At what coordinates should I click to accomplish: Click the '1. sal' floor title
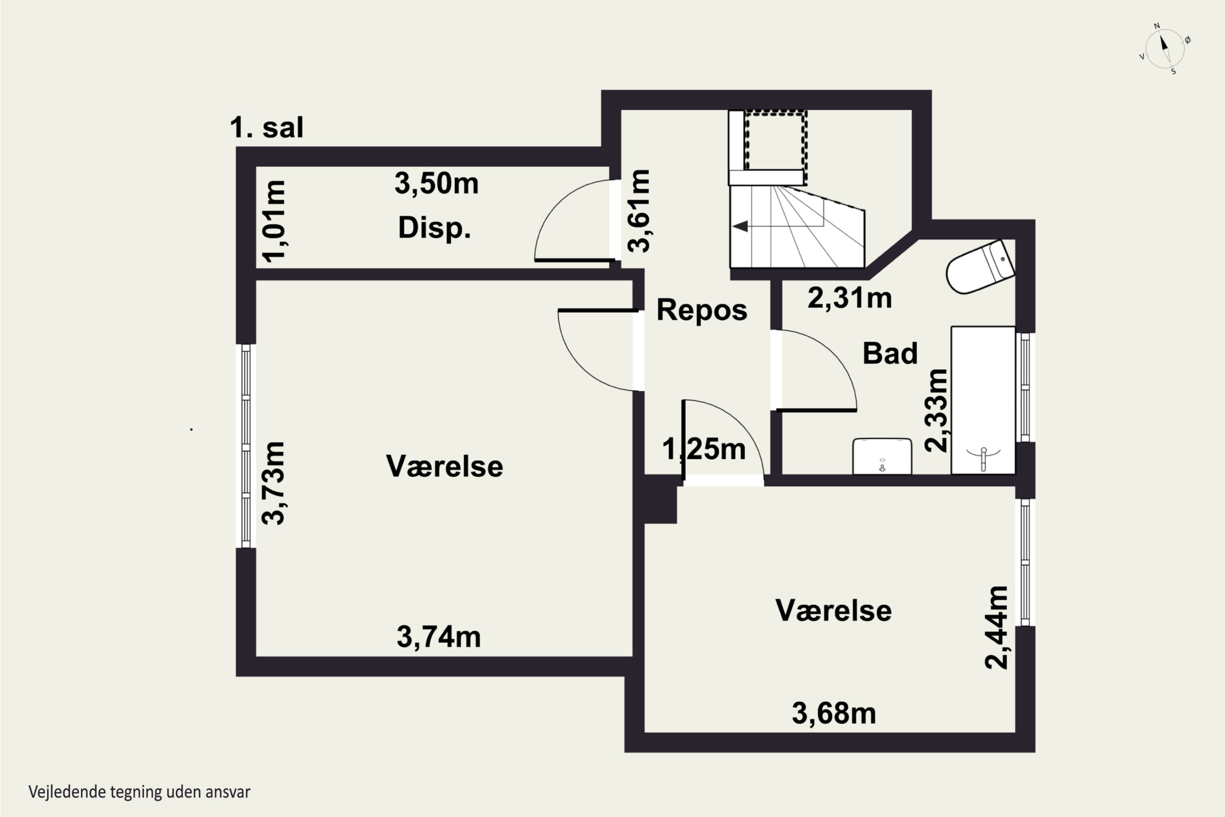[x=266, y=127]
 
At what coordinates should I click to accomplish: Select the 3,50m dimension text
[x=437, y=183]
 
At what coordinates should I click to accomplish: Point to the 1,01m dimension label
[x=273, y=221]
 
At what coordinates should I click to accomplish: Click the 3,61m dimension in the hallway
[x=639, y=211]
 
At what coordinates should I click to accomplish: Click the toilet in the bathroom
[x=980, y=266]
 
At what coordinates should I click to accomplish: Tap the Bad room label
[x=890, y=353]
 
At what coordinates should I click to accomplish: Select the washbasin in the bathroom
[x=882, y=456]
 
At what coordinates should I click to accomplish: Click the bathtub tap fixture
[x=983, y=458]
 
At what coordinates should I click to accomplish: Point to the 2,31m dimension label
[x=849, y=299]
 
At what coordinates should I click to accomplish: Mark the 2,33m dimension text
[x=936, y=410]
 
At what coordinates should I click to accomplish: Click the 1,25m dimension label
[x=704, y=449]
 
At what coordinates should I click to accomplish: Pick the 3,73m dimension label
[x=273, y=483]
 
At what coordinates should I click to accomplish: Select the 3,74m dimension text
[x=439, y=637]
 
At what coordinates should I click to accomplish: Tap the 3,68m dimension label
[x=834, y=713]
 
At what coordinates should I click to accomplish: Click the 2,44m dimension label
[x=996, y=627]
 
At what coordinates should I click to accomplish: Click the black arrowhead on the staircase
[x=740, y=226]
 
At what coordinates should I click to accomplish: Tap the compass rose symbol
[x=1165, y=49]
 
